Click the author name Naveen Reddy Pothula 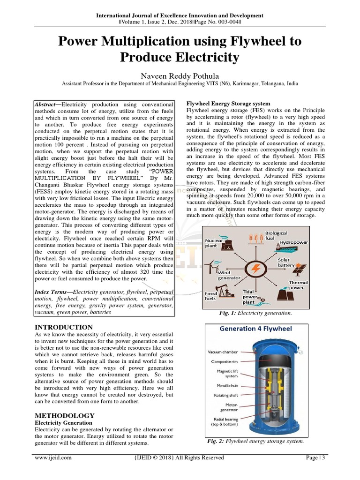pos(180,75)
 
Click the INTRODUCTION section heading pos(64,327)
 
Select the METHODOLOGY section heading pos(65,415)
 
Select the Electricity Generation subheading pos(63,422)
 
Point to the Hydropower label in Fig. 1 pos(293,243)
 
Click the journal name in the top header pos(180,15)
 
